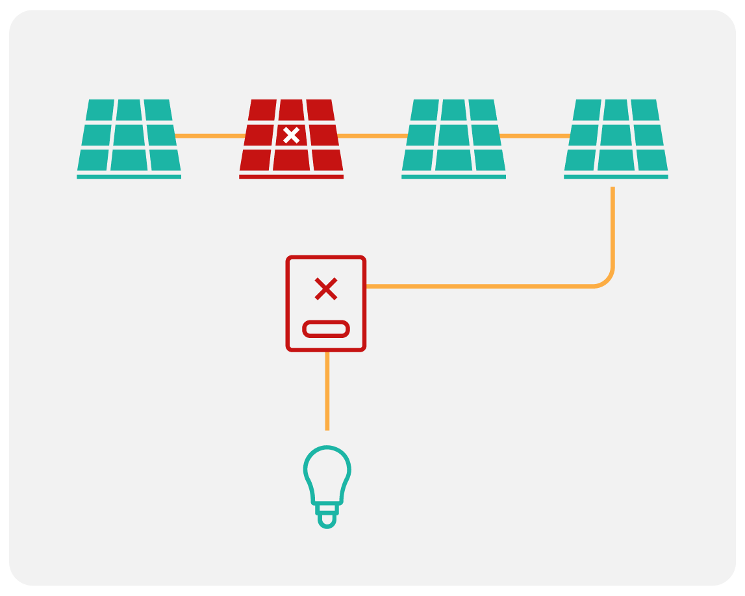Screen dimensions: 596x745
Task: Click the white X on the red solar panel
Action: [292, 135]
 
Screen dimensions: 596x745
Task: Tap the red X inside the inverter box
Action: [325, 289]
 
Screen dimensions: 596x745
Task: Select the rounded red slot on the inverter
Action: [326, 329]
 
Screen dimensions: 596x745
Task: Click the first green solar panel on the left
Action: [129, 135]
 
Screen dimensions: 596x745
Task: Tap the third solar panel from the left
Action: [453, 135]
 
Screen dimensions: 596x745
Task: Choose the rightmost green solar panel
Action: [616, 135]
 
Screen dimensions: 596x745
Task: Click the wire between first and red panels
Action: [210, 136]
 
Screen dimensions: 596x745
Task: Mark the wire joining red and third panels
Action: [372, 136]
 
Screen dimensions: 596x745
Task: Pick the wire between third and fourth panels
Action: [535, 136]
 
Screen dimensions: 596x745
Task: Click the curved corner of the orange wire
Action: [608, 280]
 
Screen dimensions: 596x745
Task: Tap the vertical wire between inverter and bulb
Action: [327, 390]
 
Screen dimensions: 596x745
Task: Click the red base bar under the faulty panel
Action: [291, 176]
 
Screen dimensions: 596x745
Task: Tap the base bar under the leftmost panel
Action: [129, 176]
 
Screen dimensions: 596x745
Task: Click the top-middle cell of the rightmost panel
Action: [616, 110]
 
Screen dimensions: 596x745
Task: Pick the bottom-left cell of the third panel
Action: [418, 160]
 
